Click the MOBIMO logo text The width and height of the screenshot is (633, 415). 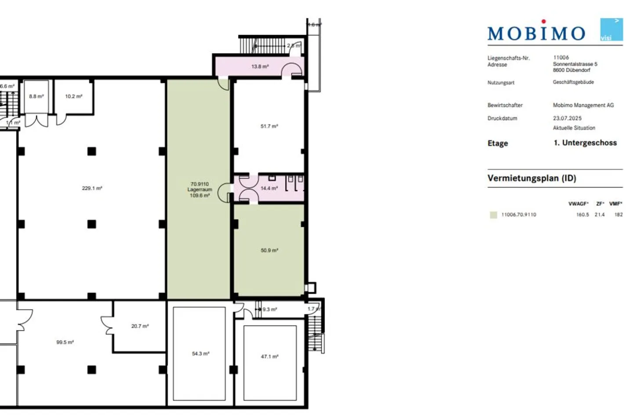[x=536, y=33]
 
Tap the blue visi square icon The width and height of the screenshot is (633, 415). [x=611, y=29]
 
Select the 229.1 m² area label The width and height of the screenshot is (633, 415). [x=92, y=188]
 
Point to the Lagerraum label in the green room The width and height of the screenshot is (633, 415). [x=200, y=189]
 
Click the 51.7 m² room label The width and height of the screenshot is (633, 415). [x=269, y=126]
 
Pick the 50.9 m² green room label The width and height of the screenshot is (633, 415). [x=269, y=251]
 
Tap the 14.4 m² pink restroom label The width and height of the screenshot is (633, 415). [x=269, y=188]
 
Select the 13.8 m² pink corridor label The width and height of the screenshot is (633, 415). [x=260, y=67]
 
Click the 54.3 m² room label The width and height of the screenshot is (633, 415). [x=200, y=353]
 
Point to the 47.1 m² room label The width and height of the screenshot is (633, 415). [x=269, y=357]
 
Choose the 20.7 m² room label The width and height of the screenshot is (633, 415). [x=140, y=326]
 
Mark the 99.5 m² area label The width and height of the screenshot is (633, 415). [x=65, y=342]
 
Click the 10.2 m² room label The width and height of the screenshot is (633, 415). [x=73, y=96]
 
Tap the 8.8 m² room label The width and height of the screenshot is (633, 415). [x=36, y=96]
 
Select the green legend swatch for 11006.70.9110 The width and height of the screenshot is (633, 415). [x=493, y=215]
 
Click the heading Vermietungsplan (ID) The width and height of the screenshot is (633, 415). [x=531, y=178]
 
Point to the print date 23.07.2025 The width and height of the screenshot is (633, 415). [x=567, y=118]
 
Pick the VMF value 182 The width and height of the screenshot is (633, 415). [x=618, y=215]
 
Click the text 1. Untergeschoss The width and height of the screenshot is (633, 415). [x=585, y=143]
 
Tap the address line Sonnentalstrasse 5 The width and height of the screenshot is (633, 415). [x=575, y=64]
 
